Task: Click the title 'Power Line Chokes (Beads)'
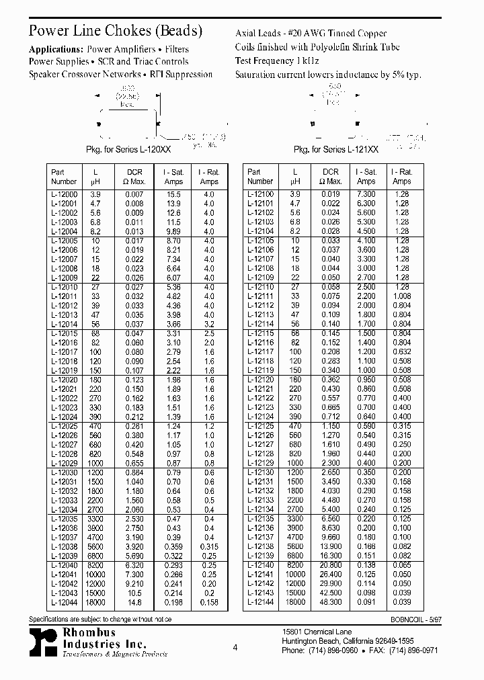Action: [x=115, y=31]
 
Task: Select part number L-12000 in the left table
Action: [x=64, y=194]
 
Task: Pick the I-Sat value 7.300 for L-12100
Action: [x=366, y=194]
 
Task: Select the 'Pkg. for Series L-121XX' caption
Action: [x=336, y=152]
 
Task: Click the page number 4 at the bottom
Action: [x=235, y=648]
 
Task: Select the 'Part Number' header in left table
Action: [x=64, y=176]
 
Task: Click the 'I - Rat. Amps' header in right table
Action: [x=401, y=176]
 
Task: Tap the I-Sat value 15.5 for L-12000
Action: [x=173, y=194]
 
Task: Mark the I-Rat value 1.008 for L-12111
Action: [x=401, y=296]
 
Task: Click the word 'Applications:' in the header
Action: [x=56, y=49]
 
